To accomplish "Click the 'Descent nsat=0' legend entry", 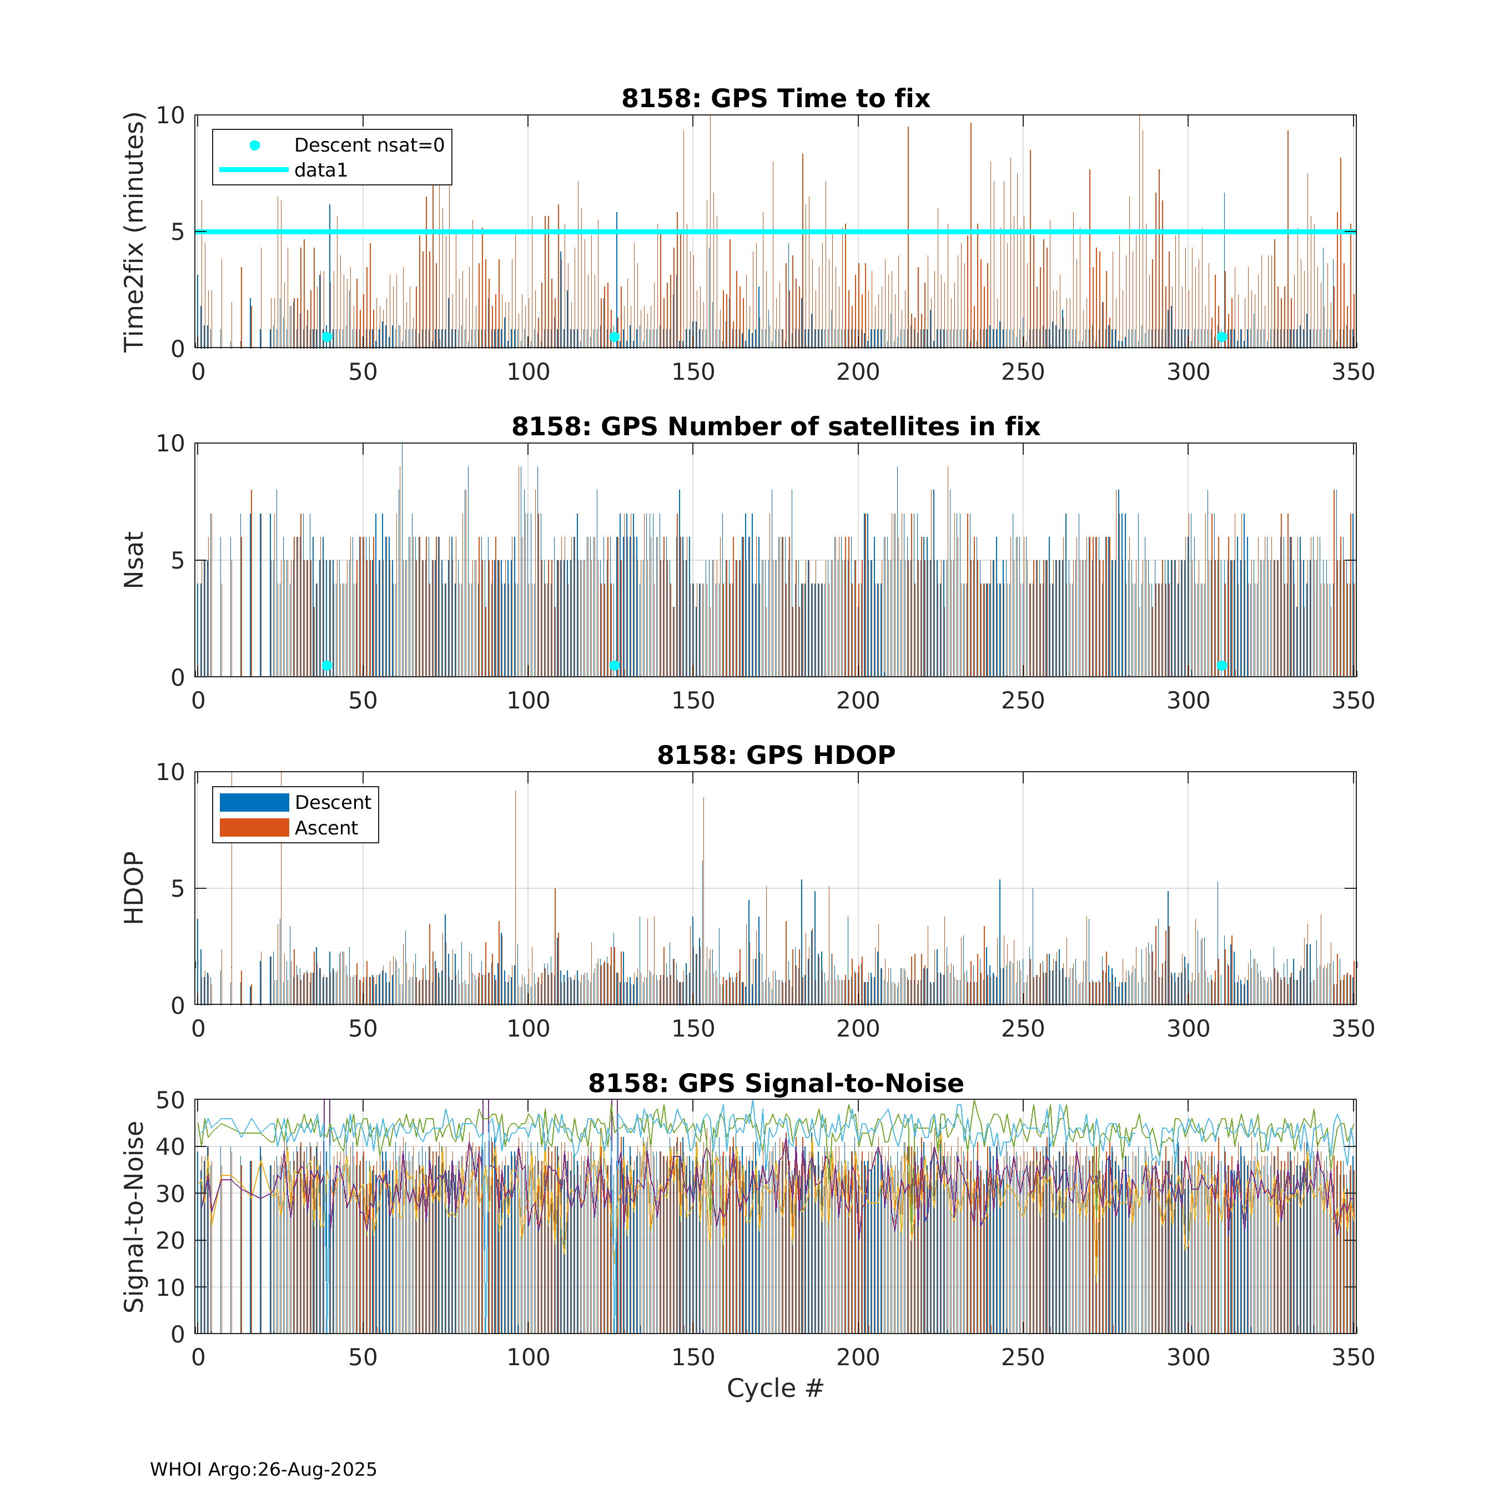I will pos(369,145).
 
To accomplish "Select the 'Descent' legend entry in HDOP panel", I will pos(333,802).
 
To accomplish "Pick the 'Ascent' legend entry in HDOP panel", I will pos(326,828).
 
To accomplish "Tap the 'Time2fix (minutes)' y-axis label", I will pos(134,231).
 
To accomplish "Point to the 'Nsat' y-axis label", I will pos(134,560).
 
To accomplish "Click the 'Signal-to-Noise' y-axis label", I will pos(134,1216).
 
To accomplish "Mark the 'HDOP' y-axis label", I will pos(134,888).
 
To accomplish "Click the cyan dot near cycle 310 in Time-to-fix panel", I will pos(1221,337).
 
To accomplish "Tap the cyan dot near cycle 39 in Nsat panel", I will pos(326,666).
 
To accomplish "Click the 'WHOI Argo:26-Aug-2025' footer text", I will pos(263,1470).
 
